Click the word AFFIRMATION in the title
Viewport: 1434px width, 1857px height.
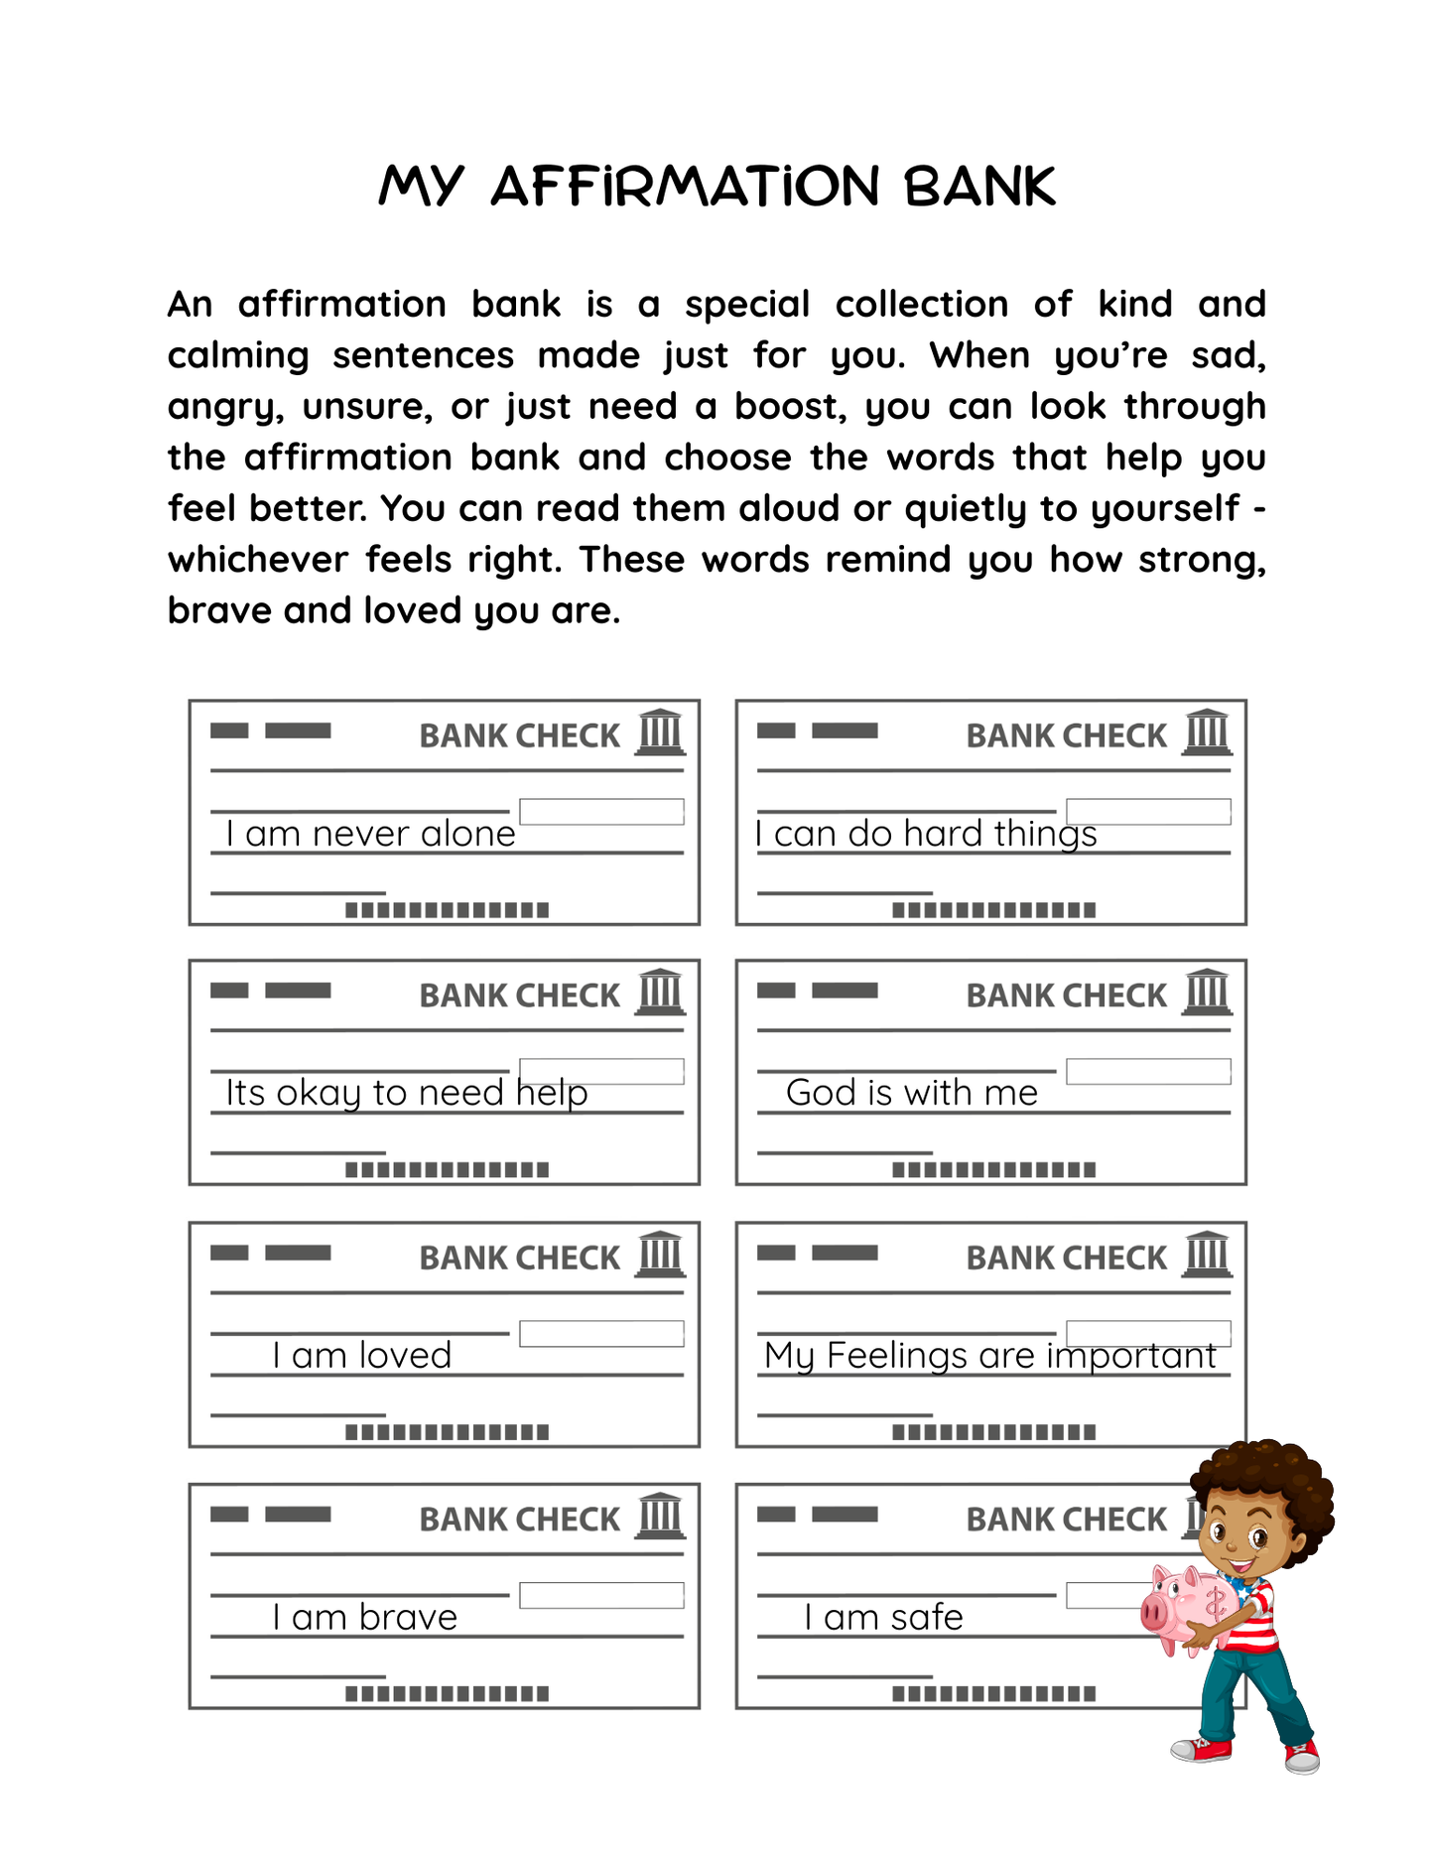click(685, 187)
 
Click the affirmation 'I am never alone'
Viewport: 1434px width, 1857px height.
click(370, 834)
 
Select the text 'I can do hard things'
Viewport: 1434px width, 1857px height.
click(926, 834)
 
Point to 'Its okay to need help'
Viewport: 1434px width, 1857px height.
click(407, 1093)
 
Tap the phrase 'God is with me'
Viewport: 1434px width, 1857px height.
click(911, 1093)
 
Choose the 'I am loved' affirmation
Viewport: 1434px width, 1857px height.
click(362, 1355)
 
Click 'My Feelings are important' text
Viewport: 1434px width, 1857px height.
click(990, 1355)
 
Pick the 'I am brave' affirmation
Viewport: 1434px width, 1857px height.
click(365, 1617)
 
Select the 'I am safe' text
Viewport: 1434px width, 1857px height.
click(883, 1617)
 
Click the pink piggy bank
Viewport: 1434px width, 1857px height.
click(1186, 1606)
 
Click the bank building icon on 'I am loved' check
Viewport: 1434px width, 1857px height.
click(660, 1255)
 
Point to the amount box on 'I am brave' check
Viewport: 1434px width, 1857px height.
click(601, 1595)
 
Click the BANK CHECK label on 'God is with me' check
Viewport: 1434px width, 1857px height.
click(1066, 995)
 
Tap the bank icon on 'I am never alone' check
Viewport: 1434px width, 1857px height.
click(660, 732)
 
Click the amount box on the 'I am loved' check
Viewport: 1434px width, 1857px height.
click(601, 1333)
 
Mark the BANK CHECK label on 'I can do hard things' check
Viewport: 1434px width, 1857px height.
click(1066, 735)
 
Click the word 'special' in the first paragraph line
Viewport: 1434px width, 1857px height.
click(747, 304)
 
